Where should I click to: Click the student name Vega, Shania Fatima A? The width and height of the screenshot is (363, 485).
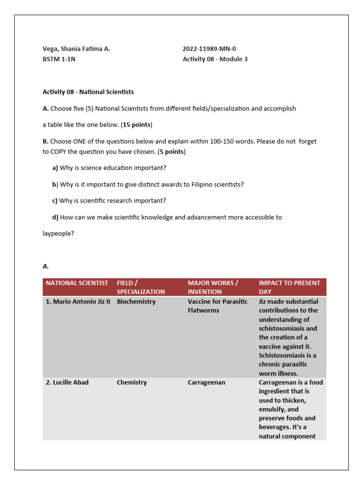click(76, 49)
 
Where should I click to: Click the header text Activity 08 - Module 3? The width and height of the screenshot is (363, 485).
click(215, 59)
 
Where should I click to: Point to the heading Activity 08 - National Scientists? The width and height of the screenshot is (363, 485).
click(88, 92)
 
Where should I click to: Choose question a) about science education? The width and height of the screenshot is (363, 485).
click(109, 168)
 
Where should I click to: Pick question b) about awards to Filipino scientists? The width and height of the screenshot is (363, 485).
click(148, 184)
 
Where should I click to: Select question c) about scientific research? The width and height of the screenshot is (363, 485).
click(109, 201)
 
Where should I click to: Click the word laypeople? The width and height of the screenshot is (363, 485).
click(59, 234)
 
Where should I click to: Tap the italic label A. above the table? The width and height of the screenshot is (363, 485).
click(46, 267)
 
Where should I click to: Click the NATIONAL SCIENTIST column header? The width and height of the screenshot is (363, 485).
click(77, 283)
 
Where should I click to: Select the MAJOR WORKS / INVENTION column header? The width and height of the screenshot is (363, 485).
click(213, 287)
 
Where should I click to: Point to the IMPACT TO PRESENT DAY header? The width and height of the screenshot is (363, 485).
click(289, 287)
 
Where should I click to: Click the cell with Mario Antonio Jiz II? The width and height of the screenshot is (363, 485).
click(78, 302)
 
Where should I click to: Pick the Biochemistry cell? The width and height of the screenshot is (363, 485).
click(136, 302)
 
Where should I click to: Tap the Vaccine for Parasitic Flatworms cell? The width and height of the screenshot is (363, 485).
click(217, 306)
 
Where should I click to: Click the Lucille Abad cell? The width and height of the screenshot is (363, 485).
click(67, 382)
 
